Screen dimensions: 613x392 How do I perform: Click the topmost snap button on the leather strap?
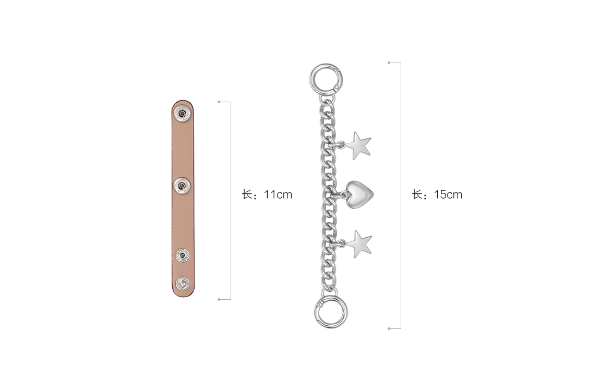[182, 113]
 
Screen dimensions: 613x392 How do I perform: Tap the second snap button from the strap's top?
[182, 185]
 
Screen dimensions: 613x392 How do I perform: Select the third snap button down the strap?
[182, 256]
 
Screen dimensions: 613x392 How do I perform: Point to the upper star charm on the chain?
[357, 145]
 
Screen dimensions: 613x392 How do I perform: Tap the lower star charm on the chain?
[358, 243]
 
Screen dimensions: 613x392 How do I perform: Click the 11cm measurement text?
[278, 194]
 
